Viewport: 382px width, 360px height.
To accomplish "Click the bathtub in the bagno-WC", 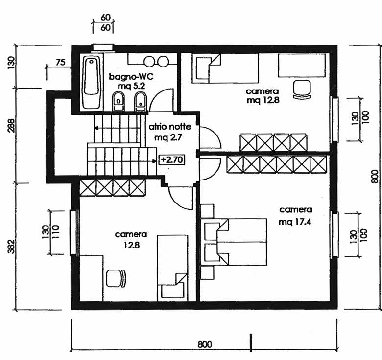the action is [92, 83].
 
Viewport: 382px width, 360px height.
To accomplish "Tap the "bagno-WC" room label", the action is [131, 77].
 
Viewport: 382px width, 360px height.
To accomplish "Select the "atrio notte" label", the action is [170, 127].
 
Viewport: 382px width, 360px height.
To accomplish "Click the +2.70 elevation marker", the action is [172, 160].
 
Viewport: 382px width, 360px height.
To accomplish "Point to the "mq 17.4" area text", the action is [295, 222].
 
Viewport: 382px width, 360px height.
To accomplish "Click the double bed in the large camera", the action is [235, 242].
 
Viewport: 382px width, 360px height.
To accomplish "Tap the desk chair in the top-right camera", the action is [302, 90].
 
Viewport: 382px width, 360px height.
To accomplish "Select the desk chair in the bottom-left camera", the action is [116, 278].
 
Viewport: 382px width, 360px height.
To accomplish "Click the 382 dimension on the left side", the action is [11, 247].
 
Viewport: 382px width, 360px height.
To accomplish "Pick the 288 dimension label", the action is [11, 125].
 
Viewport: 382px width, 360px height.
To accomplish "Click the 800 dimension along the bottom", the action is [205, 344].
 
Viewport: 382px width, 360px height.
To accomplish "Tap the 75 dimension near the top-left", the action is [60, 63].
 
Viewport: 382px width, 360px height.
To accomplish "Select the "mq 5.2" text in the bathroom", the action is [132, 86].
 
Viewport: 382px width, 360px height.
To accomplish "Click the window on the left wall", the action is [73, 233].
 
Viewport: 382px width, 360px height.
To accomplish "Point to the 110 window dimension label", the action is [55, 232].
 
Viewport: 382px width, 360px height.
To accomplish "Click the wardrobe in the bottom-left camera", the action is [113, 188].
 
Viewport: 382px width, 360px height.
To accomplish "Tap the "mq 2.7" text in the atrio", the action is [168, 137].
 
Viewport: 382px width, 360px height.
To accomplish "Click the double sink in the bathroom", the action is [156, 61].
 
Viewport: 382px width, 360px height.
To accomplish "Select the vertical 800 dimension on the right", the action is [375, 177].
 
